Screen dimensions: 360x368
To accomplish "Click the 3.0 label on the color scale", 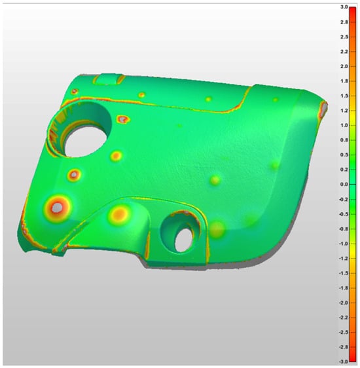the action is pyautogui.click(x=344, y=7).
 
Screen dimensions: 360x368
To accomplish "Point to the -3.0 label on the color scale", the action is pyautogui.click(x=344, y=361).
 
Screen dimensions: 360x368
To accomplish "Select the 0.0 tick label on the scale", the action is pyautogui.click(x=344, y=185).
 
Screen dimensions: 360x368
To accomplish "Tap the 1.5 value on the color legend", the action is pyautogui.click(x=344, y=96).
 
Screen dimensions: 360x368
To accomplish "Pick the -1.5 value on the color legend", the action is pyautogui.click(x=344, y=273).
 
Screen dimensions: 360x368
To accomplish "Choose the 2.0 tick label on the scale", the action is pyautogui.click(x=344, y=66).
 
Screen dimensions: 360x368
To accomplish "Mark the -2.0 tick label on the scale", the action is pyautogui.click(x=344, y=303).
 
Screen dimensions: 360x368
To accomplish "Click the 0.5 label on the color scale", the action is pyautogui.click(x=344, y=155).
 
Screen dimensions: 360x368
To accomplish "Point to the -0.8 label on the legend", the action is pyautogui.click(x=344, y=229).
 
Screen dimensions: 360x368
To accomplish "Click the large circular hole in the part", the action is pyautogui.click(x=85, y=141).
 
